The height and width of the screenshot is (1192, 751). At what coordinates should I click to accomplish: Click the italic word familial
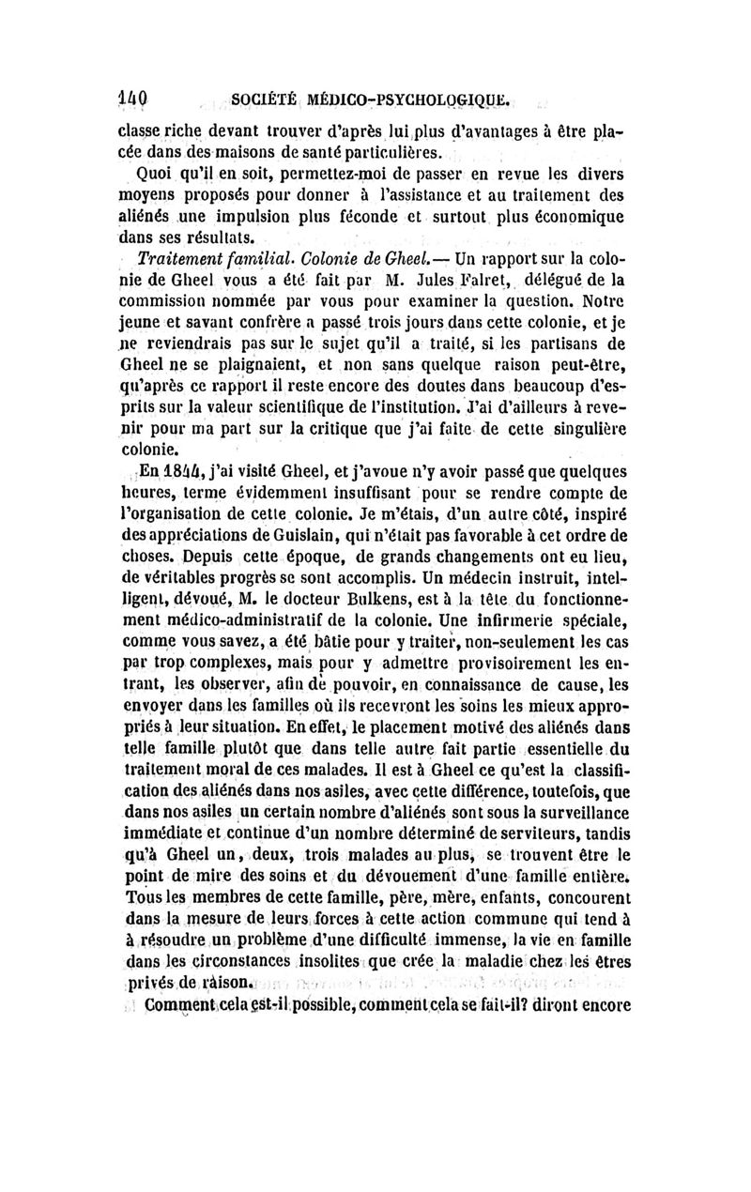256,259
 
